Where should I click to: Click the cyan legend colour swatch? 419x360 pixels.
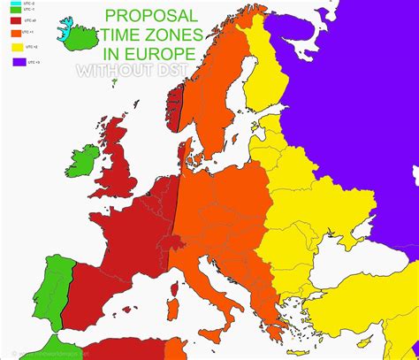(16, 5)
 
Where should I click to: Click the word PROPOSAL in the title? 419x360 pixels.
(152, 16)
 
